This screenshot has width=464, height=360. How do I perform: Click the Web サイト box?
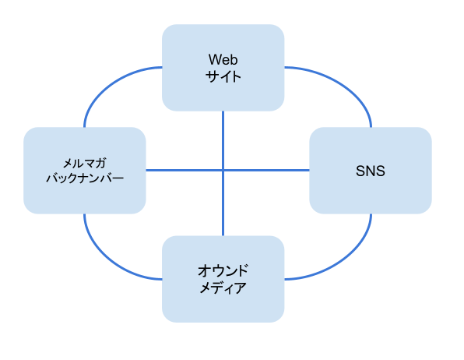click(223, 68)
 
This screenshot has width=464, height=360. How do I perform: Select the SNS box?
click(371, 171)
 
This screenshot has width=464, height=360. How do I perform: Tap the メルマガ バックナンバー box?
click(85, 171)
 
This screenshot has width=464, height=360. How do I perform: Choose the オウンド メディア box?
click(223, 279)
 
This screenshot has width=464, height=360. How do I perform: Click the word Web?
click(223, 60)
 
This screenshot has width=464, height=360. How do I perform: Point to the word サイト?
click(223, 76)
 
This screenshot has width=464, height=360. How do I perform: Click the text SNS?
click(371, 171)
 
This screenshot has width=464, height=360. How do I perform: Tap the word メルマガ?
click(85, 163)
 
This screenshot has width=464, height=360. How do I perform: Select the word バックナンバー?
click(85, 178)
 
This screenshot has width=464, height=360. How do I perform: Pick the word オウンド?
click(223, 271)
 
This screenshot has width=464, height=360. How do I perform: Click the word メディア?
click(223, 288)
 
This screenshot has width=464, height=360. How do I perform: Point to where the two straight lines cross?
click(223, 171)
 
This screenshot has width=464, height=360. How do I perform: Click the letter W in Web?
click(215, 60)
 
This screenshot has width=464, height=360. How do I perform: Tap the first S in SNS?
click(360, 171)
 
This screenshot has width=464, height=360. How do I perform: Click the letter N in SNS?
click(371, 171)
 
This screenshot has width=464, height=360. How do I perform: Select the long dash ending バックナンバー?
click(118, 178)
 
